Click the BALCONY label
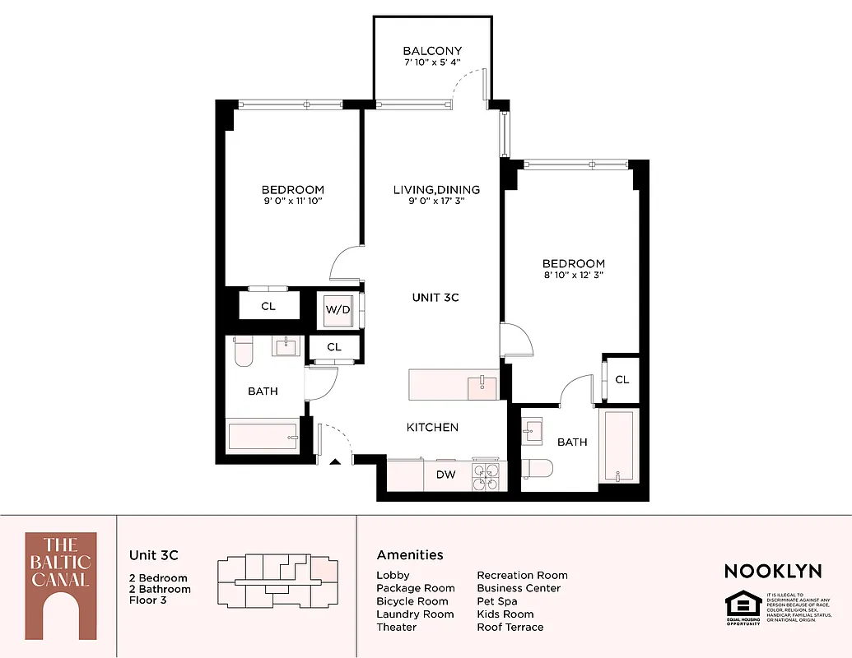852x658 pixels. pyautogui.click(x=432, y=51)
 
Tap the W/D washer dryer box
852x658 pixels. pyautogui.click(x=338, y=310)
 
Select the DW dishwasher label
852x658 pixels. pyautogui.click(x=445, y=475)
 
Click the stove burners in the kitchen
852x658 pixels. pyautogui.click(x=485, y=477)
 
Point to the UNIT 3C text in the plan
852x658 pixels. pyautogui.click(x=435, y=297)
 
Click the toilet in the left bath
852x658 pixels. pyautogui.click(x=244, y=352)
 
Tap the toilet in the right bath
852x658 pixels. pyautogui.click(x=537, y=467)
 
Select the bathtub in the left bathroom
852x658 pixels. pyautogui.click(x=263, y=436)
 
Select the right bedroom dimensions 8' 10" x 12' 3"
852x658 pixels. pyautogui.click(x=573, y=275)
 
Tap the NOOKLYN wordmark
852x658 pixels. pyautogui.click(x=772, y=571)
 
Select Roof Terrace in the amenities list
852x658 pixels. pyautogui.click(x=510, y=627)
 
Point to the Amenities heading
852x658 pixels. pyautogui.click(x=410, y=555)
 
